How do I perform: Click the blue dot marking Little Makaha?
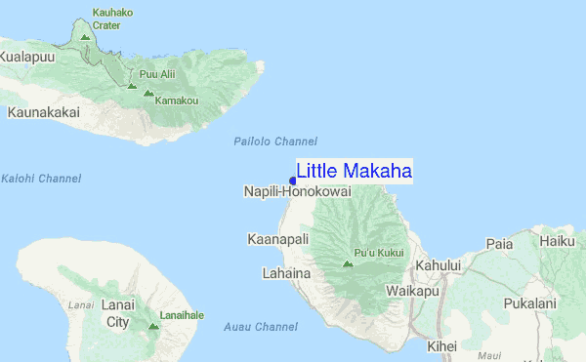292,180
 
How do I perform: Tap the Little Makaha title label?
354,171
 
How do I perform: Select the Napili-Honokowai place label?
297,192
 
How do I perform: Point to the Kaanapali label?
277,239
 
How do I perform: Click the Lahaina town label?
286,273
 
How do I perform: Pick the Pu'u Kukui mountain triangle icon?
349,263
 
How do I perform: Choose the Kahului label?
439,264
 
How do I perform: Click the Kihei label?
442,345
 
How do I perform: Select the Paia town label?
499,244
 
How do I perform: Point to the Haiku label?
557,240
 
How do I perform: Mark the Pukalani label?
530,304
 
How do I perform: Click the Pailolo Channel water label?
275,141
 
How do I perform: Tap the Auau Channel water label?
261,327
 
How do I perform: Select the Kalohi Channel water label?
41,179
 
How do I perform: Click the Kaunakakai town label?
43,112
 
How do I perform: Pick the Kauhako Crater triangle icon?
85,37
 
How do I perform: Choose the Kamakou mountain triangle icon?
148,94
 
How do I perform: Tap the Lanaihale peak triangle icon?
153,326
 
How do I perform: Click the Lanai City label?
116,313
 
